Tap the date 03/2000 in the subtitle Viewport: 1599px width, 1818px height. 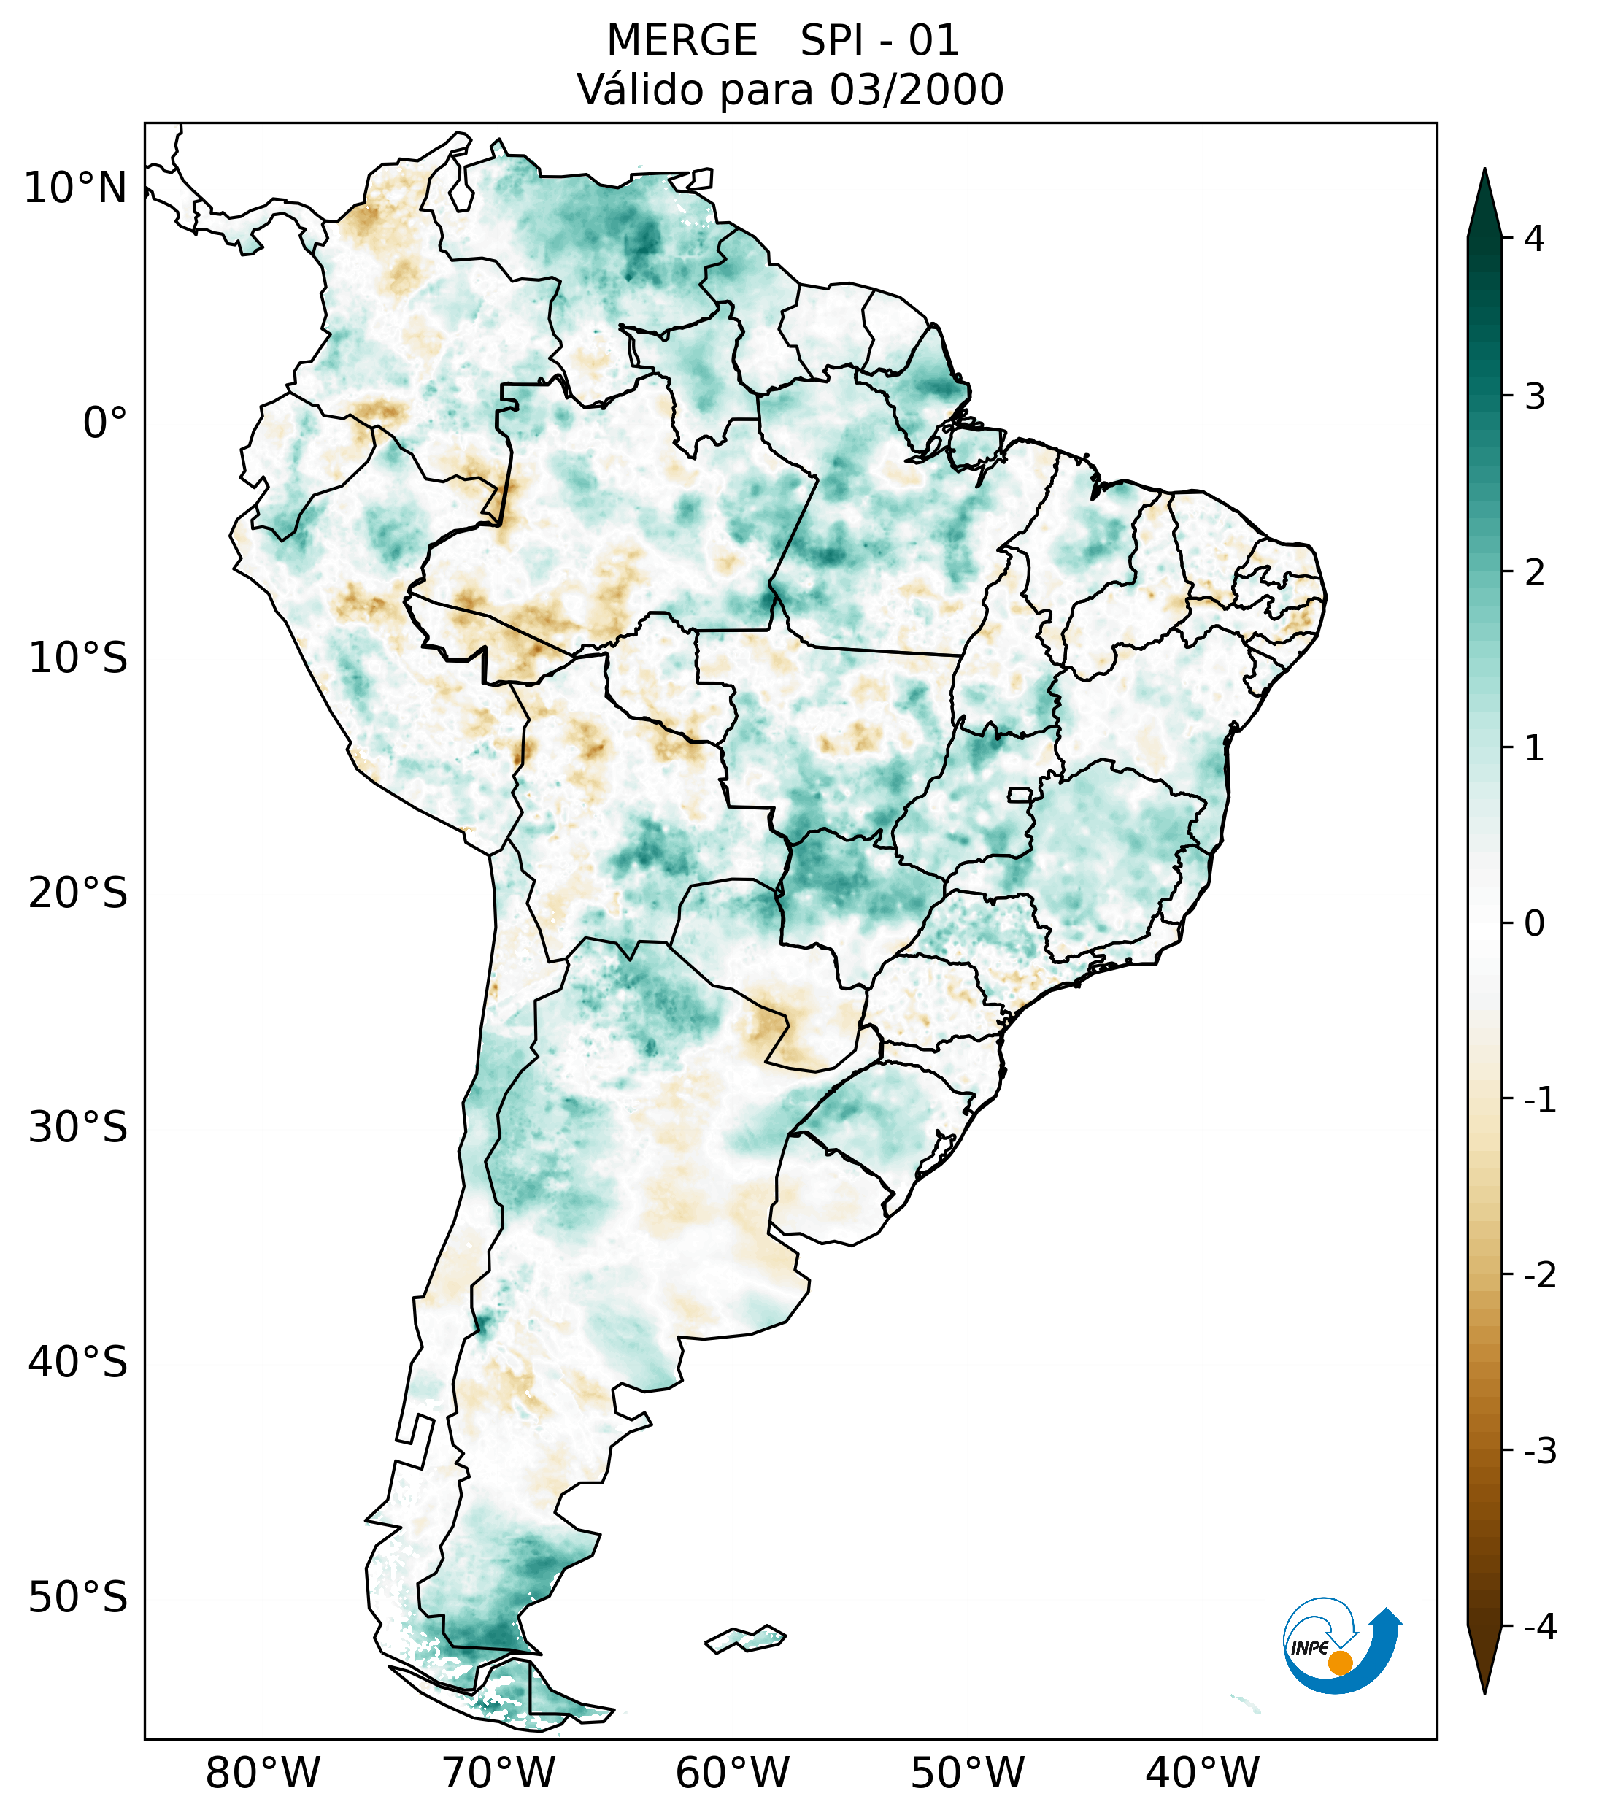pos(916,90)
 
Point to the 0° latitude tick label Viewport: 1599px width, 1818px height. pos(105,423)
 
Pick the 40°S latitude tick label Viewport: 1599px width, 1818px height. pos(78,1362)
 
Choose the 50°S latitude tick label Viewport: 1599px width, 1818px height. pos(78,1598)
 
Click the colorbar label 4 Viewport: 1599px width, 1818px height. pos(1534,239)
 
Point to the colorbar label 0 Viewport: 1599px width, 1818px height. pos(1534,924)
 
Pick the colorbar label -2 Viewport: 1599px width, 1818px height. pos(1539,1276)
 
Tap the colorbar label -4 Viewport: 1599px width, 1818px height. pos(1539,1627)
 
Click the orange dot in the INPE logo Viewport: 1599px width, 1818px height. pos(1339,1663)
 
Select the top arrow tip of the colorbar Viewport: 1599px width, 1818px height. pos(1484,172)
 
